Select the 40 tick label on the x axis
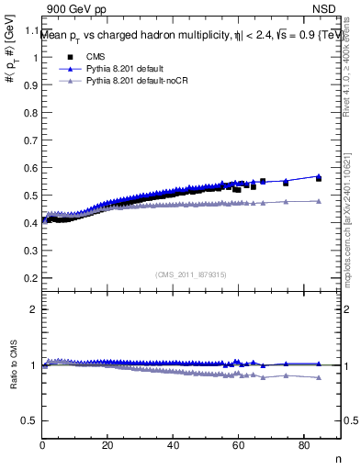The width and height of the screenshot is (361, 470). coord(173,445)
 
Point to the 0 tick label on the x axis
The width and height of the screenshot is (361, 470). coord(43,445)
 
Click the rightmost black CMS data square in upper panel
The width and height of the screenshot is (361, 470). coord(319,178)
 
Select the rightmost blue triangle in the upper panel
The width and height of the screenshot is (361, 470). coord(319,175)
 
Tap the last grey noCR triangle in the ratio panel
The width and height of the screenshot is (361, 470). coord(319,377)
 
